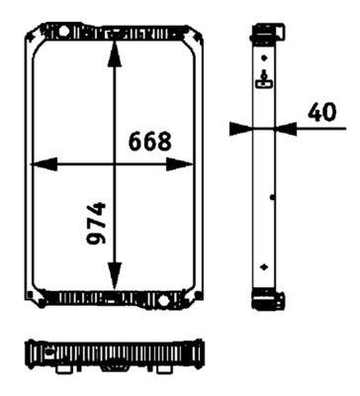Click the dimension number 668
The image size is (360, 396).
click(150, 141)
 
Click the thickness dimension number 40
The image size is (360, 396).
click(322, 113)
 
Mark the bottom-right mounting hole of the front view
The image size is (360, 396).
click(195, 298)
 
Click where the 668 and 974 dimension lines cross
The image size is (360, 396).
click(116, 164)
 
